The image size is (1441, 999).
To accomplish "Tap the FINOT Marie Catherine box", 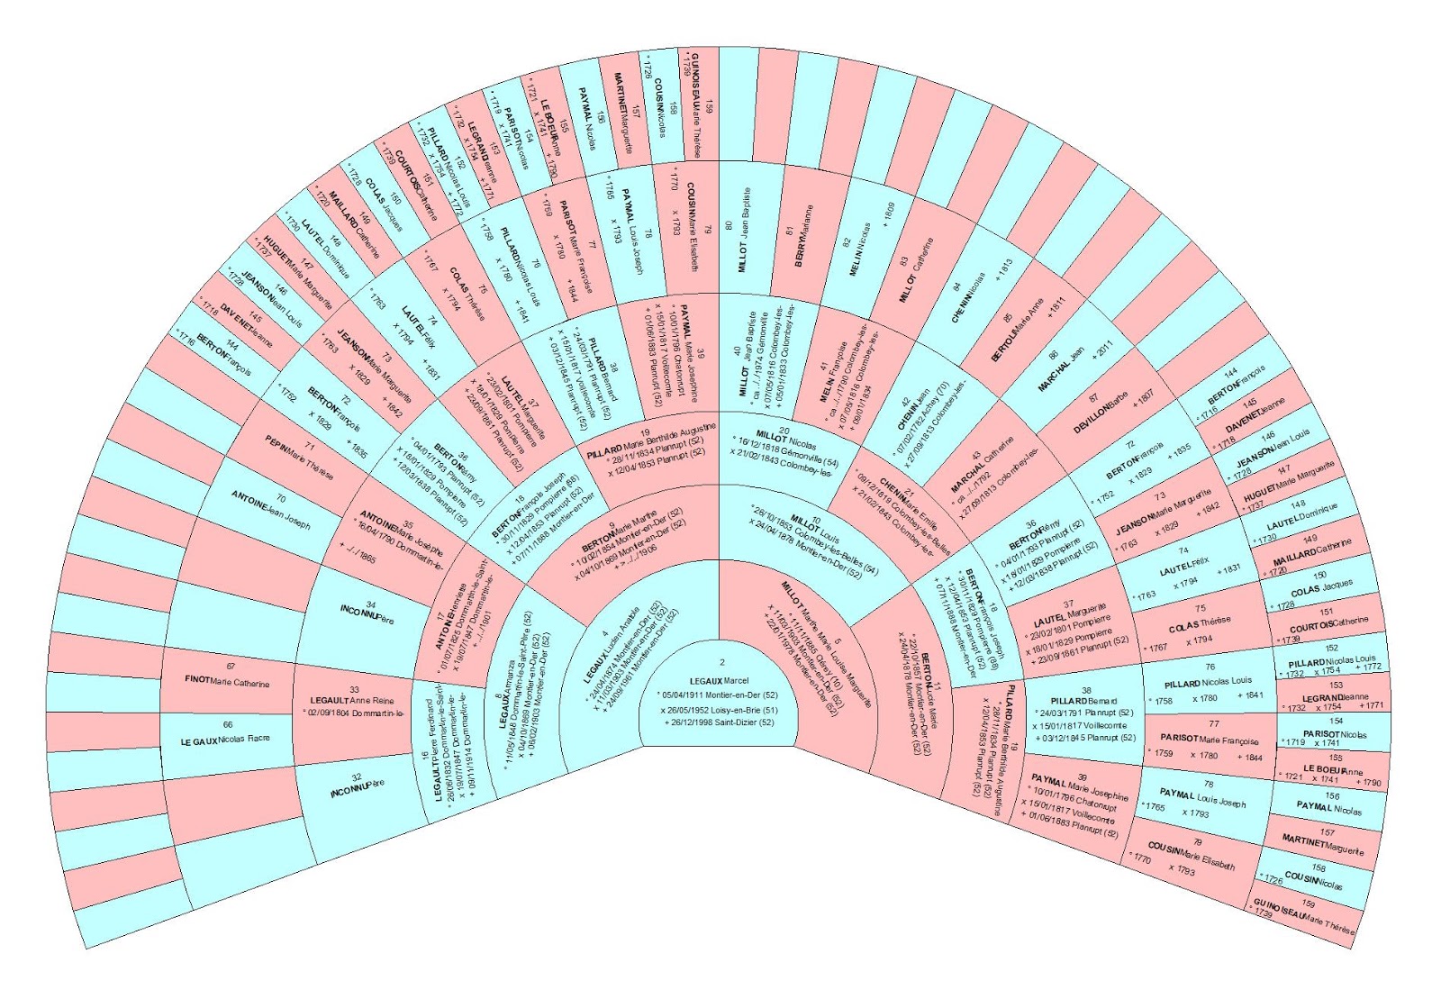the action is tap(227, 681).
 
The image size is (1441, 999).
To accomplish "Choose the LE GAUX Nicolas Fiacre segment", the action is tap(225, 740).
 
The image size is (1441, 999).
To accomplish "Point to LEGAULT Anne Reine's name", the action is tap(352, 700).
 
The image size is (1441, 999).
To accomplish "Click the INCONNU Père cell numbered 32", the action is tap(357, 788).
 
